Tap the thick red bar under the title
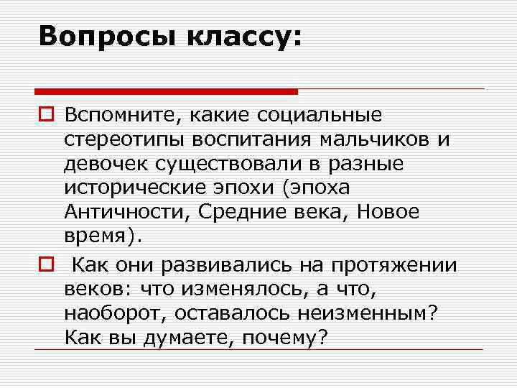(x=166, y=91)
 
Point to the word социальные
(x=324, y=114)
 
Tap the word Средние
(x=238, y=213)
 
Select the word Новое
(x=387, y=213)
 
